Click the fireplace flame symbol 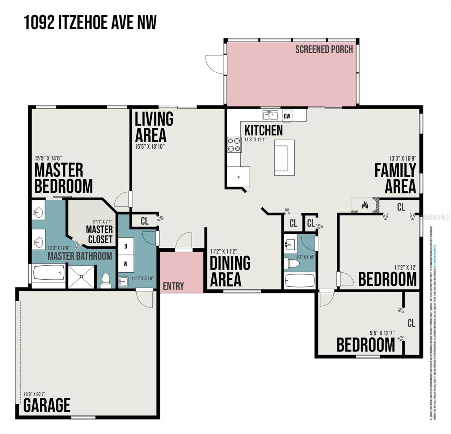pos(365,205)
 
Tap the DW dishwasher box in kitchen pos(287,116)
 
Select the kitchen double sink pos(270,115)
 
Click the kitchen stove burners pos(234,145)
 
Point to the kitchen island pos(284,157)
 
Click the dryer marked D pos(126,246)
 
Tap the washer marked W pos(126,264)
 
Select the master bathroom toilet pos(106,280)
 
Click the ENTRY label pos(173,286)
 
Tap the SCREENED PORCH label pos(324,50)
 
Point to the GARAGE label pos(47,405)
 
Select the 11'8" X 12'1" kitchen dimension pos(255,139)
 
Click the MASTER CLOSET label pos(100,234)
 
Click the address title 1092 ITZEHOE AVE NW pos(90,22)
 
